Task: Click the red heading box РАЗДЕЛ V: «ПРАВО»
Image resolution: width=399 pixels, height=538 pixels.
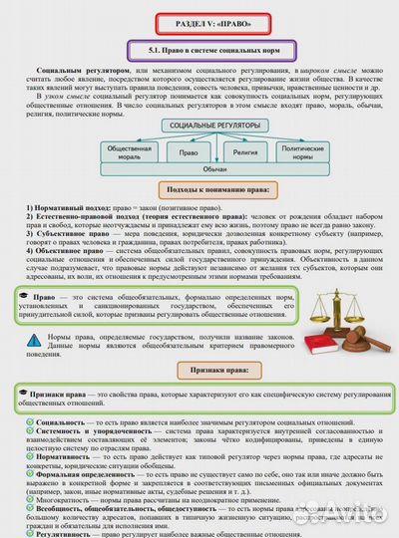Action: click(x=199, y=21)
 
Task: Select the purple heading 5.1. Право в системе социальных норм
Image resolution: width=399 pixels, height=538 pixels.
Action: click(x=199, y=47)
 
